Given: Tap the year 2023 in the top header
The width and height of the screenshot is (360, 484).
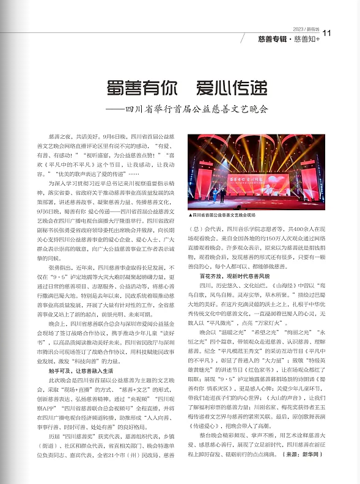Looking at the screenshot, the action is tap(298, 29).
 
